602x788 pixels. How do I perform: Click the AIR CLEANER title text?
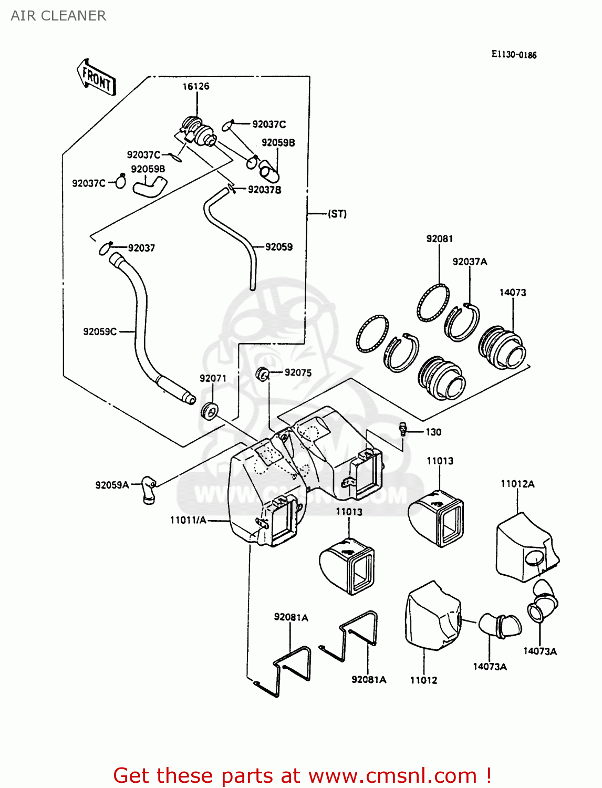coord(58,16)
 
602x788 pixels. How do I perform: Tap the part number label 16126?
coord(196,87)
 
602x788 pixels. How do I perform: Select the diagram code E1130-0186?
coord(514,55)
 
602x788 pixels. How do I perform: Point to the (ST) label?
coord(337,214)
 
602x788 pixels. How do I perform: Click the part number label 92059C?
coord(100,331)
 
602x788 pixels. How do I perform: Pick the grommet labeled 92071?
coord(209,410)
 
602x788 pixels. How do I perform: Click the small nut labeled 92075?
coord(263,374)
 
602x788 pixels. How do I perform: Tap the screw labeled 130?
coord(403,429)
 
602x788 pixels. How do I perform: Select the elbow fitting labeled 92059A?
coord(149,489)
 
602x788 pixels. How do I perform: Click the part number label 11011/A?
coord(188,520)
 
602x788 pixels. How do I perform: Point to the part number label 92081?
coord(439,239)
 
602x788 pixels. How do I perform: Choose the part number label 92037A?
coord(470,262)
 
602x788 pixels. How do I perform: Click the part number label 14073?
coord(512,293)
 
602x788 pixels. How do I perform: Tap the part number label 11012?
coord(423,680)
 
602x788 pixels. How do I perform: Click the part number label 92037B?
coord(264,190)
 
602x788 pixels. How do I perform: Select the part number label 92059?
coord(278,247)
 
